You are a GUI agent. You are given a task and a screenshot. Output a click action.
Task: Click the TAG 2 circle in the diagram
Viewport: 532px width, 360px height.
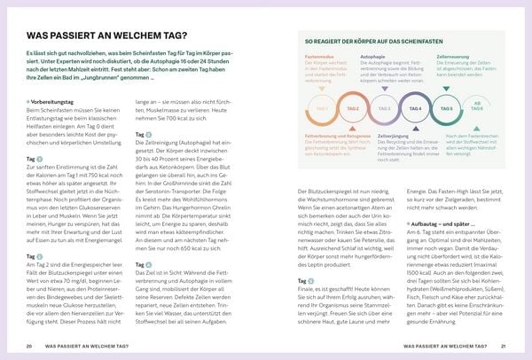click(x=353, y=109)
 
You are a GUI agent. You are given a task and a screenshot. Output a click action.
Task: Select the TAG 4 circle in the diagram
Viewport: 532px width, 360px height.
click(x=414, y=109)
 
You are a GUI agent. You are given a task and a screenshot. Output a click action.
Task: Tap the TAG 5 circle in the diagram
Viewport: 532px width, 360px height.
click(x=446, y=109)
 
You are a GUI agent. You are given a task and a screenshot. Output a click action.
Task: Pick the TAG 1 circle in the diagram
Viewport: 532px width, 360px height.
click(x=322, y=109)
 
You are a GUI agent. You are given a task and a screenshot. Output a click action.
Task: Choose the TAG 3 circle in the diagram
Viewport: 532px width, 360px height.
click(x=384, y=109)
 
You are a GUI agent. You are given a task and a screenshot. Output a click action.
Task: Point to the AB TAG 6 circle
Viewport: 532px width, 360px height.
click(x=478, y=109)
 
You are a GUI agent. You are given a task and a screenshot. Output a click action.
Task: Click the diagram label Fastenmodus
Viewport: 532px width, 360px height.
click(x=317, y=55)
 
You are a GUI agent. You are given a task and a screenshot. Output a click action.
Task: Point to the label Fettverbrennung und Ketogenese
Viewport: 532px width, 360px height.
click(x=334, y=135)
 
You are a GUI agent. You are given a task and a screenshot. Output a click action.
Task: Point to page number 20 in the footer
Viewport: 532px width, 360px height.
click(x=29, y=346)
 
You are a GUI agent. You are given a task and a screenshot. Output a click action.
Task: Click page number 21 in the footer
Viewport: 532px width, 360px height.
click(x=503, y=346)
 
